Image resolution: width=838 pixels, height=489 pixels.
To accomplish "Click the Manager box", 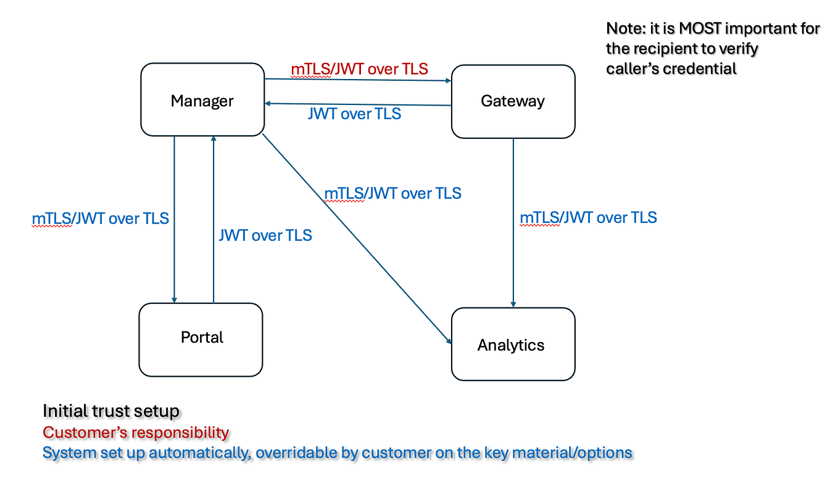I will pos(202,99).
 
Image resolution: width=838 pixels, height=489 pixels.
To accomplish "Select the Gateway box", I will pos(513,101).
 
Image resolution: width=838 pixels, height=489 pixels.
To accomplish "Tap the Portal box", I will pos(201,338).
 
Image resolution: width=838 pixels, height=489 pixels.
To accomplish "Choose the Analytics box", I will pos(513,344).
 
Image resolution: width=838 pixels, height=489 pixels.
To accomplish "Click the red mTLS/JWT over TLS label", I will pos(359,69).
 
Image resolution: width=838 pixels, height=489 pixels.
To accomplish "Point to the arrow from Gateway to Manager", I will pos(358,104).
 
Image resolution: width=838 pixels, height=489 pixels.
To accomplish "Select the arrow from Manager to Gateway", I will pos(358,80).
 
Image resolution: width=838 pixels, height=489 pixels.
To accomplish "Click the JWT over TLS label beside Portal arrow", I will pos(265,235).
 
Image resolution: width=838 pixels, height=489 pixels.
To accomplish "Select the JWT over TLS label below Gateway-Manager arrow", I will pos(354,114).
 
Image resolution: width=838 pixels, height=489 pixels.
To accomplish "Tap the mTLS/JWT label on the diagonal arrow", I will pos(393,193).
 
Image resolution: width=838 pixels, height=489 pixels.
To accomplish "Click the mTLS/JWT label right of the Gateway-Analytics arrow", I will pos(588,217).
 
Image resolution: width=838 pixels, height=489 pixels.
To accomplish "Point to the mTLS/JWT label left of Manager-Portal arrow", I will pos(100,219).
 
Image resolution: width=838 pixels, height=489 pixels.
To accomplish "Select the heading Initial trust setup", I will pos(111,411).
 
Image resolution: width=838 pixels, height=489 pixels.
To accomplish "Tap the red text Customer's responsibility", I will pos(136,432).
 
